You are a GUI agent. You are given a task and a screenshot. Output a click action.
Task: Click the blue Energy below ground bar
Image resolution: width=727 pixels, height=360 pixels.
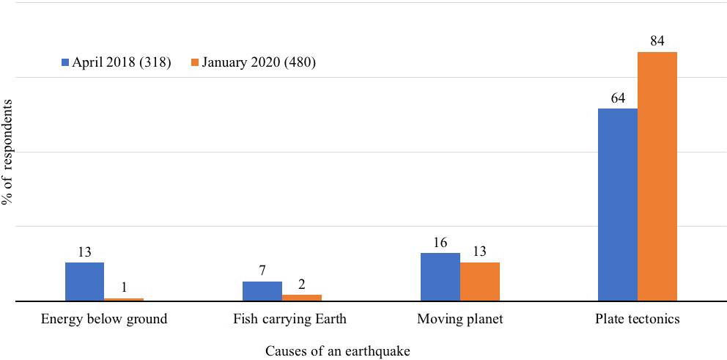click(84, 282)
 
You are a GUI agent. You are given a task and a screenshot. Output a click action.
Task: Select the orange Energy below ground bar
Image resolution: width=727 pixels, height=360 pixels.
click(124, 299)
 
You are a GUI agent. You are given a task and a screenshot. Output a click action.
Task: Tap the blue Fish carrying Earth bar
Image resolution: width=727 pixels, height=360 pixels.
click(262, 291)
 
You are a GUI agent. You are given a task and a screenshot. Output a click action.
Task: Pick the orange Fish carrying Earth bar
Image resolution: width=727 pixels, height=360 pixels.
click(301, 298)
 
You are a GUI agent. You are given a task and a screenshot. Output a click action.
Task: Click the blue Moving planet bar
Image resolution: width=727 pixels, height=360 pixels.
click(440, 277)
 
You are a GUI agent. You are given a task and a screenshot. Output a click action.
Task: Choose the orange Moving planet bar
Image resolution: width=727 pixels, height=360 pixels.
click(479, 282)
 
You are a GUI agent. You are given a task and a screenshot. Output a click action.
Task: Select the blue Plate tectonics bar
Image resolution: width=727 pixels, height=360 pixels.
click(617, 205)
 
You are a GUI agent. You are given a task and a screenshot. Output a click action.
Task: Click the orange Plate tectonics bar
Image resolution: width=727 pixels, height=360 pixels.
click(657, 177)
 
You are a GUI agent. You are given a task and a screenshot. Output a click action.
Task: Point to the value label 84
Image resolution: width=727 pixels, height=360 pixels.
click(657, 41)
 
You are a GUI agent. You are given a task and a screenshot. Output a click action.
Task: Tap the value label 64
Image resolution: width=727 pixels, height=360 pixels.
click(617, 98)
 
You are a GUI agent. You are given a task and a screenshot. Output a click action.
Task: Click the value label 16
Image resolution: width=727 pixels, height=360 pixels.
click(440, 242)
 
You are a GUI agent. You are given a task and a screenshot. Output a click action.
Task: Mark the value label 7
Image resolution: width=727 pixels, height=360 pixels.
click(262, 271)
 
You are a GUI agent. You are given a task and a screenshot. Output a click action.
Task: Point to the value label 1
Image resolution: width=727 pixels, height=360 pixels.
click(124, 288)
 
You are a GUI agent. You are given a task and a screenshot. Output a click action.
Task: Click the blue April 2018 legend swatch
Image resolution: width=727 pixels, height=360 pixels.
click(64, 62)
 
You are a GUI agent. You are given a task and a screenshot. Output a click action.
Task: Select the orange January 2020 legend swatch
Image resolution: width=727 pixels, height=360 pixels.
click(196, 62)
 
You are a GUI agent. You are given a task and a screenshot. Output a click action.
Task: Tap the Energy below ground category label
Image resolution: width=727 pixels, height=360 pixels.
click(104, 320)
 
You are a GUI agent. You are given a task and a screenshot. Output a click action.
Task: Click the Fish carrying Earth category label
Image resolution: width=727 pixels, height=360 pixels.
click(289, 320)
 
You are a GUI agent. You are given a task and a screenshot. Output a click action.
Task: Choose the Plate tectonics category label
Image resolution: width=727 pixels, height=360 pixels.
click(638, 320)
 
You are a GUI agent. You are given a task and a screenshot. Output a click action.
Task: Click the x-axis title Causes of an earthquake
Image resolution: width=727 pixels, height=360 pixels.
click(338, 350)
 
